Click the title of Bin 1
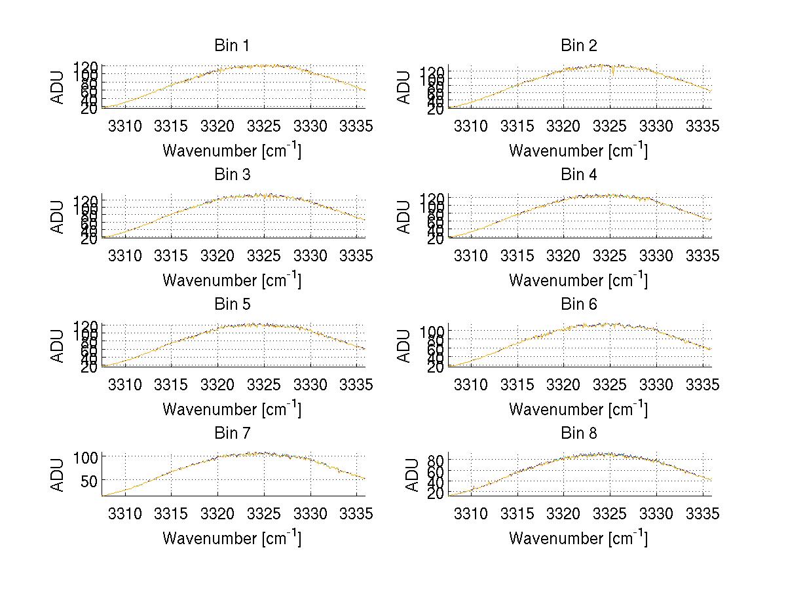coord(232,46)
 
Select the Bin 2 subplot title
coord(578,46)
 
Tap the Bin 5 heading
coord(232,304)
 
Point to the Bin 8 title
coord(578,433)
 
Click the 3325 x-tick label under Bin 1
coord(264,126)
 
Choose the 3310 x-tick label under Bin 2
coord(471,126)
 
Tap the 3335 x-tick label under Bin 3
coord(357,255)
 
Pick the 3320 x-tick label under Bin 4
coord(564,255)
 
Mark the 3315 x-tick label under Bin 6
coord(517,384)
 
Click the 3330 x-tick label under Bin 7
coord(310,513)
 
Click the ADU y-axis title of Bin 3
coord(58,216)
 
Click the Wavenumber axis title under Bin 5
coord(232,409)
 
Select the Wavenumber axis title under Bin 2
coord(578,150)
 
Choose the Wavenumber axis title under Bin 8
coord(578,538)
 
